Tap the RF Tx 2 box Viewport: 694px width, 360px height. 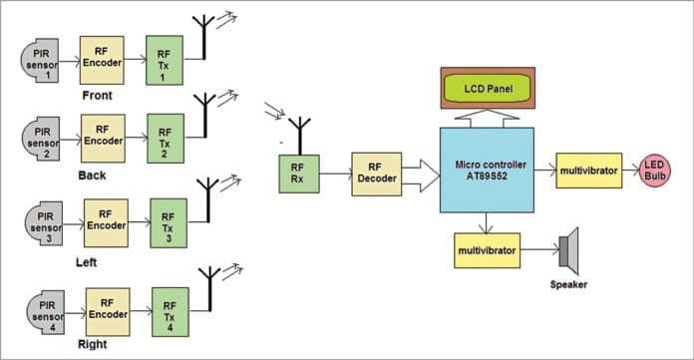point(167,139)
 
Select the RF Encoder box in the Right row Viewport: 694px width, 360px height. point(108,310)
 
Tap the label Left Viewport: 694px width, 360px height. point(88,261)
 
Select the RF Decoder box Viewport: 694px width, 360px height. point(375,175)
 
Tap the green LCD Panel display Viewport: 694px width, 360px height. point(489,90)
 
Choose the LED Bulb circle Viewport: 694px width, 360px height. point(654,170)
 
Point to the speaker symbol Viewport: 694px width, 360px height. point(569,249)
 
